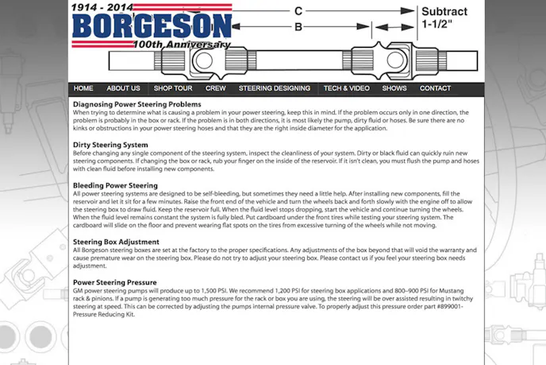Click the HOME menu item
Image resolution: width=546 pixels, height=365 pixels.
(x=83, y=88)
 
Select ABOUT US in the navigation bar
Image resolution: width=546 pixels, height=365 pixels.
(x=123, y=88)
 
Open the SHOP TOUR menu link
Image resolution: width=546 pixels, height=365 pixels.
(x=173, y=88)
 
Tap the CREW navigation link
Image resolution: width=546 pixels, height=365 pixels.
(x=215, y=88)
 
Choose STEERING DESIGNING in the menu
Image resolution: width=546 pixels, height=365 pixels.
(x=275, y=88)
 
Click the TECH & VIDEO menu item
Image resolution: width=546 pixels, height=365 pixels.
(x=346, y=88)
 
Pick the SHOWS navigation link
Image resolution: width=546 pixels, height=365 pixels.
(x=394, y=88)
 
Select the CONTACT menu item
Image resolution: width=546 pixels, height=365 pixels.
(x=435, y=88)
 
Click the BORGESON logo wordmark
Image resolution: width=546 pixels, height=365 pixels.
(x=152, y=26)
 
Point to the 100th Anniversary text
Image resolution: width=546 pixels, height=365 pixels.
(x=182, y=45)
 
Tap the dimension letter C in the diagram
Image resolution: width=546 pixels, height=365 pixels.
(x=298, y=11)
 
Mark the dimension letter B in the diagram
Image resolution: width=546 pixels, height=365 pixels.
(x=298, y=27)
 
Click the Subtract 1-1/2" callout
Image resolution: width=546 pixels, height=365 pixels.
(x=448, y=18)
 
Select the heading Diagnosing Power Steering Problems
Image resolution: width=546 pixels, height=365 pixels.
(x=137, y=104)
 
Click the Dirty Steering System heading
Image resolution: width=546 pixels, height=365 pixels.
(x=110, y=145)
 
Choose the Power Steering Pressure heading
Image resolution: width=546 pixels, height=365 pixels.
(x=114, y=282)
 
